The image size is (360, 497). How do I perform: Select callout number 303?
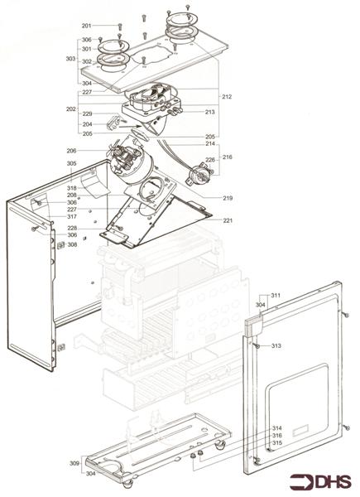click(x=70, y=59)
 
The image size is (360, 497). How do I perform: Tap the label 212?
click(x=227, y=97)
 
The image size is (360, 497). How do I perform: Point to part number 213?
click(x=210, y=111)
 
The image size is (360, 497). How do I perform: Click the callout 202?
click(x=70, y=109)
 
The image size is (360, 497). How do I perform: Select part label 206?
click(x=71, y=151)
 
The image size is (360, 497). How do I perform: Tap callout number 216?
click(x=228, y=156)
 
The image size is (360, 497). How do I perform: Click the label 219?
click(x=228, y=198)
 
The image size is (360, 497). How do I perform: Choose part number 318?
click(x=72, y=188)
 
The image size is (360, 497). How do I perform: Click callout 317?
click(x=72, y=216)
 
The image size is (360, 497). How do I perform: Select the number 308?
click(x=72, y=244)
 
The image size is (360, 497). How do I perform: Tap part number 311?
click(x=276, y=295)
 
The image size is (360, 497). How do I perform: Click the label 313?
click(x=276, y=345)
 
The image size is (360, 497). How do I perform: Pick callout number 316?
click(x=277, y=436)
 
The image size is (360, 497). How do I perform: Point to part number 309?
click(x=74, y=463)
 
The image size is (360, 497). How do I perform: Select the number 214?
click(x=210, y=144)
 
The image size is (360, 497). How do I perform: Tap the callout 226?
click(x=210, y=160)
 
